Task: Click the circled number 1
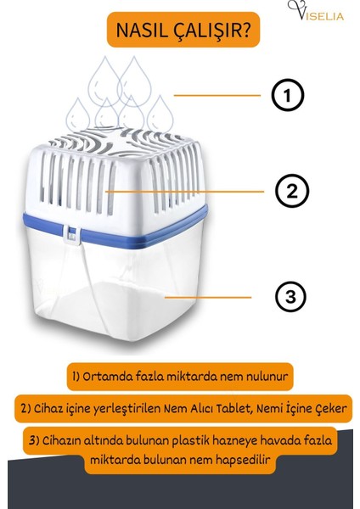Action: (287, 96)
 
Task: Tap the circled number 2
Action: (291, 191)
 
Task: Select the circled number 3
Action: (290, 297)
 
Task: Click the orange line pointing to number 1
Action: (216, 95)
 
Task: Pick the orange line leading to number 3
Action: (207, 297)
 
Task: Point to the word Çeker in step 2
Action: (327, 409)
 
